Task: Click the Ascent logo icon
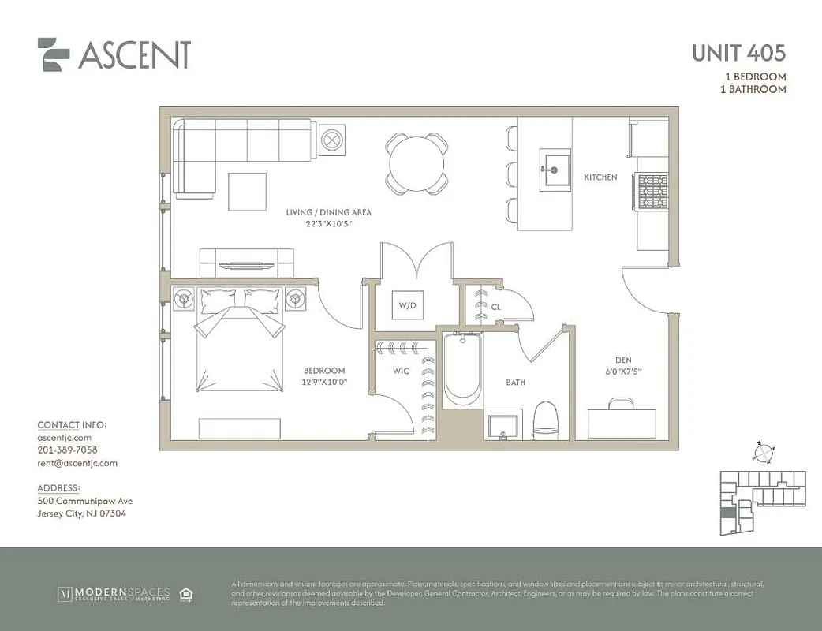54,54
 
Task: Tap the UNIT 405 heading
738,54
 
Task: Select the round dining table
416,163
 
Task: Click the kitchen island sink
555,169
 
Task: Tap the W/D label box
407,304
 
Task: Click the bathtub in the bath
461,369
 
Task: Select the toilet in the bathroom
546,420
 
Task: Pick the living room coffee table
247,191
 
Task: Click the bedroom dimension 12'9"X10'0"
325,382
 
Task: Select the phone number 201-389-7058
67,450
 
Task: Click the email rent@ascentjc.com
77,463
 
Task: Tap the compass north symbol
763,453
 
